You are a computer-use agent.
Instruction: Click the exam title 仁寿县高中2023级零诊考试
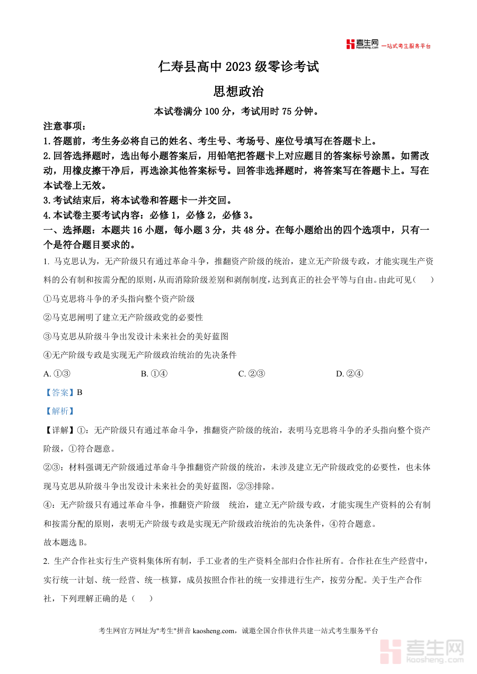[x=238, y=67]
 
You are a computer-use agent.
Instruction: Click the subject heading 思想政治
[x=238, y=92]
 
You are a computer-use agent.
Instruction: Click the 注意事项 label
[x=64, y=127]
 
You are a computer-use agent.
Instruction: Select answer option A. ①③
[x=57, y=374]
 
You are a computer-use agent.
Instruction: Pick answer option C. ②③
[x=252, y=374]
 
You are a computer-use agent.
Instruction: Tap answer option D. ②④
[x=349, y=374]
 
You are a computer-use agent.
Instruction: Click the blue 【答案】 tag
[x=59, y=392]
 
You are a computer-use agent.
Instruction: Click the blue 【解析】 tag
[x=59, y=411]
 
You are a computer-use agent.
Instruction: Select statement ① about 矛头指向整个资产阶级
[x=119, y=299]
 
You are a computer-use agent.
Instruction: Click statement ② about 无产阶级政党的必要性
[x=123, y=318]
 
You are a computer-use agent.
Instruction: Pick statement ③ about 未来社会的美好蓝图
[x=136, y=336]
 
